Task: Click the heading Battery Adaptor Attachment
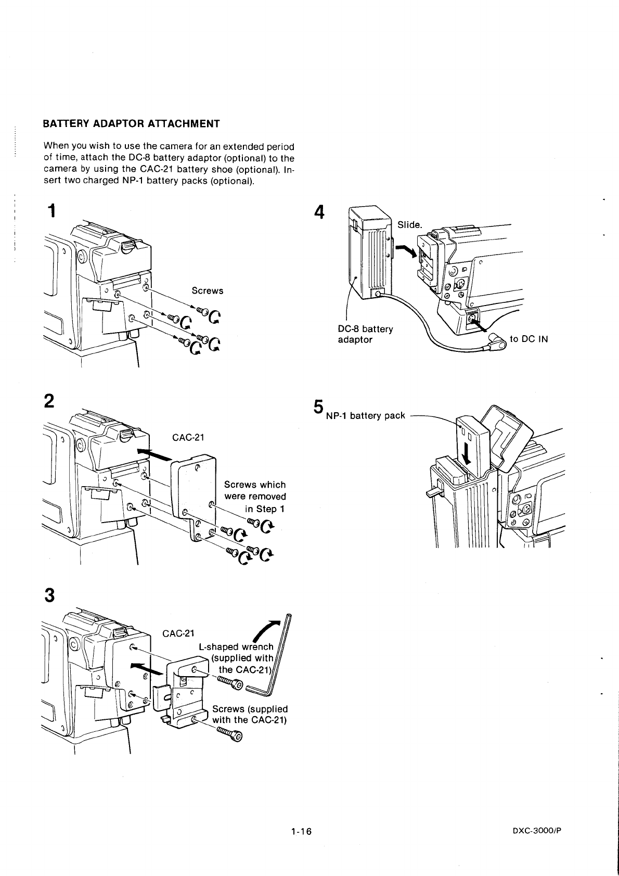point(131,124)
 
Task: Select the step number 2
point(50,402)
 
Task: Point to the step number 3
point(50,595)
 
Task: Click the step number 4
point(320,212)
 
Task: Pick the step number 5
point(319,407)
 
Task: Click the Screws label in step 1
point(208,290)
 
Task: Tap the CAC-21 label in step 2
point(188,437)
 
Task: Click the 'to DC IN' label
point(529,339)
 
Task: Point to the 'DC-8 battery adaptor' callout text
point(365,334)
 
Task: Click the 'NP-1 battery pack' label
point(365,415)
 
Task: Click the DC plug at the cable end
point(496,344)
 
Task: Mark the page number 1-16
point(302,831)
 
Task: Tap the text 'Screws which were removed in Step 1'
point(255,497)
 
